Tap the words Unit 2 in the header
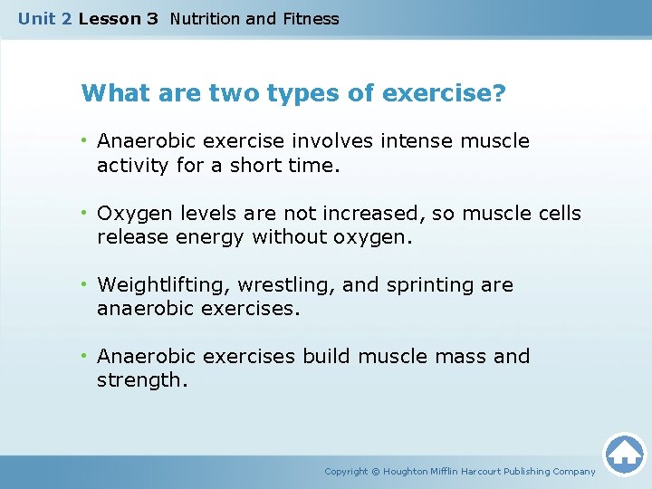pyautogui.click(x=45, y=19)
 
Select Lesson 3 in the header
pyautogui.click(x=119, y=19)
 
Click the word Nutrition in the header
pyautogui.click(x=204, y=19)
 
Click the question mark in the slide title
pyautogui.click(x=500, y=93)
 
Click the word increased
pyautogui.click(x=367, y=214)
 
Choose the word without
pyautogui.click(x=286, y=236)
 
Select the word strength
pyautogui.click(x=140, y=380)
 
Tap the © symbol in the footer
pyautogui.click(x=376, y=472)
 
